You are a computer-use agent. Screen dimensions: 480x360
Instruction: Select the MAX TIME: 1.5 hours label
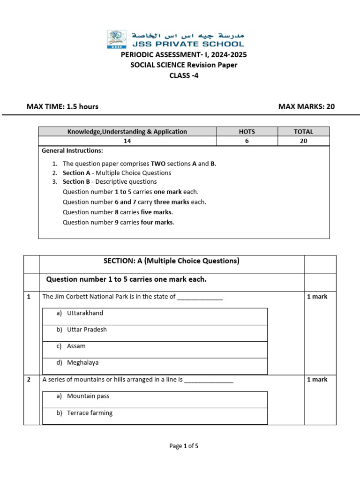(x=62, y=106)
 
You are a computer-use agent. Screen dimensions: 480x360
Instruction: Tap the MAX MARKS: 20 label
(x=307, y=106)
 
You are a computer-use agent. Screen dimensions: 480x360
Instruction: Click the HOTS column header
(x=247, y=132)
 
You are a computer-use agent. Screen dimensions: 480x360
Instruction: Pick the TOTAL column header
(x=303, y=132)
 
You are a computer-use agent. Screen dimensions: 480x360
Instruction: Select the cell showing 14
(x=127, y=141)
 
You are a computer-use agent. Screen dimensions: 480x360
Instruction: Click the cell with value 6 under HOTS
(x=247, y=141)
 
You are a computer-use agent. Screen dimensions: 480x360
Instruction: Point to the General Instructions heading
(x=72, y=150)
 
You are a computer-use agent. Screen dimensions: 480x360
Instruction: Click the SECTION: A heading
(x=172, y=261)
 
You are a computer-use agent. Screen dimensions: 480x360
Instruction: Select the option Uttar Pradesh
(x=87, y=330)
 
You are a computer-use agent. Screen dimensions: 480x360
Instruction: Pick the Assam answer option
(x=76, y=346)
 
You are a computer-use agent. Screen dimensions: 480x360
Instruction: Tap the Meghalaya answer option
(x=82, y=362)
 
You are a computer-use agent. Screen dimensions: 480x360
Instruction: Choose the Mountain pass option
(x=88, y=396)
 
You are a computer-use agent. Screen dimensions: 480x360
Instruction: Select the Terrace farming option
(x=90, y=413)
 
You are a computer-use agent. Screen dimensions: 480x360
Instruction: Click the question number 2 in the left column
(x=29, y=380)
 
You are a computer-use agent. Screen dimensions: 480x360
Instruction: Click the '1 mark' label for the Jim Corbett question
(x=317, y=297)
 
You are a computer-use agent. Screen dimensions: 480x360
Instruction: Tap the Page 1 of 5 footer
(x=184, y=446)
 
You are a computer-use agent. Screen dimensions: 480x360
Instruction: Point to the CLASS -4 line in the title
(x=184, y=75)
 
